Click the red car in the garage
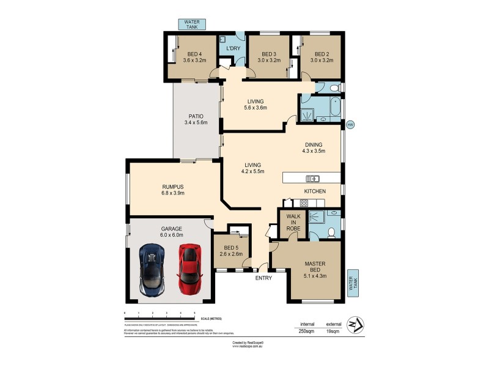pos(189,268)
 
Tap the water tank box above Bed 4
pos(192,24)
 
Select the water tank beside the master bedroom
pos(353,283)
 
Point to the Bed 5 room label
pos(232,251)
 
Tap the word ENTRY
pos(263,278)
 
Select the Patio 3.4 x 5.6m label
pos(196,119)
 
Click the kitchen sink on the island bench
pos(312,179)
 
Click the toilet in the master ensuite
pos(331,232)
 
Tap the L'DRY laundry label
pos(232,48)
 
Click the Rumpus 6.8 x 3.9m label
pos(173,190)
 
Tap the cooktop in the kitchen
pos(303,202)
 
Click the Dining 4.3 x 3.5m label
pos(312,147)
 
